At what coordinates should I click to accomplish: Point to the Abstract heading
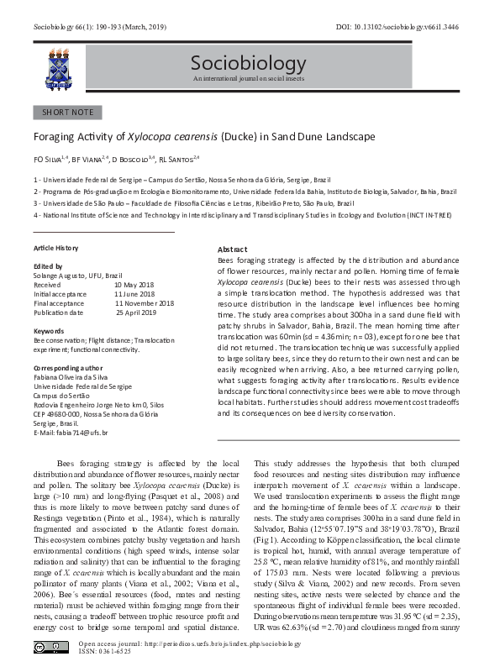coord(232,250)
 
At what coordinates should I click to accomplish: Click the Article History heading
coord(55,248)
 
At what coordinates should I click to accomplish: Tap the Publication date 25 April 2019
coord(136,312)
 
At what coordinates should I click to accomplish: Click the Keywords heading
coord(49,331)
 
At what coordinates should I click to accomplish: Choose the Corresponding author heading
coord(67,368)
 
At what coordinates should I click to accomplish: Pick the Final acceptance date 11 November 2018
coord(144,302)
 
